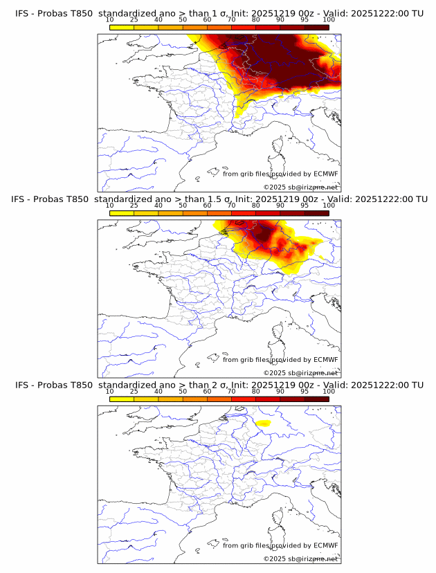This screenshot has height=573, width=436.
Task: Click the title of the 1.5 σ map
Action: (218, 199)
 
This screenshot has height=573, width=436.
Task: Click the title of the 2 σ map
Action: (218, 385)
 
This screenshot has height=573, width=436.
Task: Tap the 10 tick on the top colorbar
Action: (109, 20)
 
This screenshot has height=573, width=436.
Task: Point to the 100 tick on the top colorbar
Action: (329, 20)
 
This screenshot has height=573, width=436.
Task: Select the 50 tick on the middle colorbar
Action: (183, 206)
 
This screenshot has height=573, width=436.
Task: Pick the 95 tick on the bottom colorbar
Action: (305, 391)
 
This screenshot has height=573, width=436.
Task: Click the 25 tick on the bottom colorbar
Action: (134, 391)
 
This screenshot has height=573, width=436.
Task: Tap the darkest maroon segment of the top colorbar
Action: (316, 28)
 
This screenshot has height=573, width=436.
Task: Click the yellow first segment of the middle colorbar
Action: (122, 213)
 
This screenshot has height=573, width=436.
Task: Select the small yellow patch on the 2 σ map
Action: (263, 423)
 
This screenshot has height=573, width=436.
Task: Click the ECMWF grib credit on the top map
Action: (280, 174)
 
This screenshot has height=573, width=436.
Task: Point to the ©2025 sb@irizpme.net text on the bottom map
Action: (300, 558)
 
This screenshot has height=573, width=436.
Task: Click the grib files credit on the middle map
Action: (280, 360)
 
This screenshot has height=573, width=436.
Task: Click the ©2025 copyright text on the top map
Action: (300, 188)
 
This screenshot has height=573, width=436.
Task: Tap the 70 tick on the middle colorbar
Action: (231, 206)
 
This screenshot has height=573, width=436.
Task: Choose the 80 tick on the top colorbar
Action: (256, 20)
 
